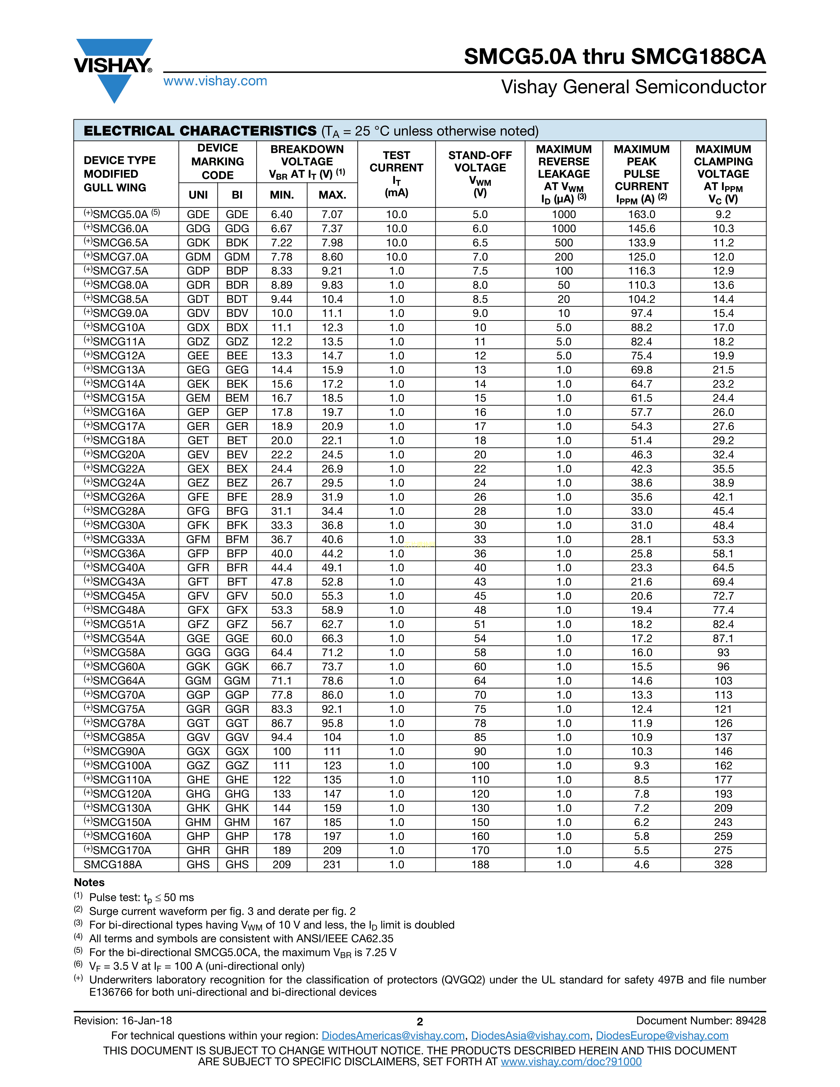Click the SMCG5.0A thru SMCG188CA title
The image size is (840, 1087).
pyautogui.click(x=615, y=57)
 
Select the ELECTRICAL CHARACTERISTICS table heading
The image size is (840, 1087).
pyautogui.click(x=200, y=131)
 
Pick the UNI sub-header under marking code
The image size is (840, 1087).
pyautogui.click(x=198, y=195)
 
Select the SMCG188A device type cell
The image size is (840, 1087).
pyautogui.click(x=113, y=865)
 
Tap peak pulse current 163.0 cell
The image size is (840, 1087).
pyautogui.click(x=641, y=214)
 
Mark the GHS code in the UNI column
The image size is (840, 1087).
pyautogui.click(x=198, y=865)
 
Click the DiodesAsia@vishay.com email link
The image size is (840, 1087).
pyautogui.click(x=530, y=1036)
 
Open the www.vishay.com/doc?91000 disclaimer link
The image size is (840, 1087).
pyautogui.click(x=571, y=1062)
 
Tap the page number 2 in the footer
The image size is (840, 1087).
pyautogui.click(x=419, y=1022)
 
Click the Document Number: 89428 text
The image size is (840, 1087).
pyautogui.click(x=701, y=1021)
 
